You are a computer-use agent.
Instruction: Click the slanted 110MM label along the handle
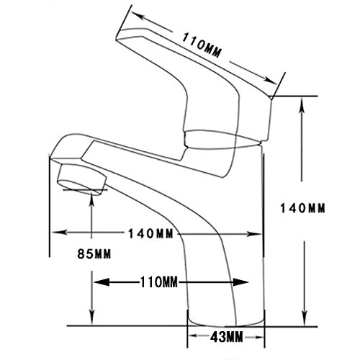coord(202,45)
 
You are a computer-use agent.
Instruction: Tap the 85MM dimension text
coord(94,253)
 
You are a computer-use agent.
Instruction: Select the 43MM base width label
coord(227,337)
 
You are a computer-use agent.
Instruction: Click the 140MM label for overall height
coord(302,208)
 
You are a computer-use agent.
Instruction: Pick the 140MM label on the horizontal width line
coord(150,233)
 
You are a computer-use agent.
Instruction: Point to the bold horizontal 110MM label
coord(159,282)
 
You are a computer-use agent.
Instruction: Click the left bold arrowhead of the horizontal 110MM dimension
coord(102,282)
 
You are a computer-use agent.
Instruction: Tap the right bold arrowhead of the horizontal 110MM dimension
coord(240,282)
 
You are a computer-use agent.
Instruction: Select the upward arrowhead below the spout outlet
coord(91,199)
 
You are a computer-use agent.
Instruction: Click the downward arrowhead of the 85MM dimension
coord(92,318)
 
